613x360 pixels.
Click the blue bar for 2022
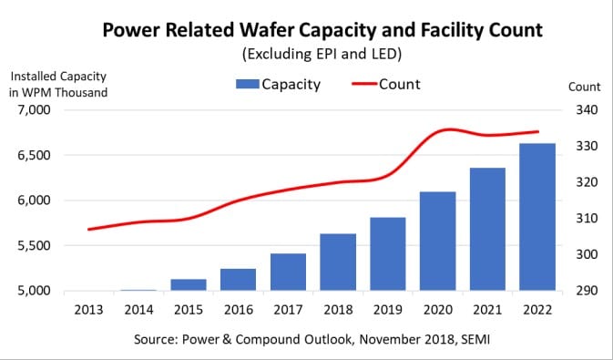tap(536, 218)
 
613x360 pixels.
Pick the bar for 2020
tap(437, 242)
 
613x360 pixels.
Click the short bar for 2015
tap(189, 285)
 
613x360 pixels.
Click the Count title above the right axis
tap(584, 87)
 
